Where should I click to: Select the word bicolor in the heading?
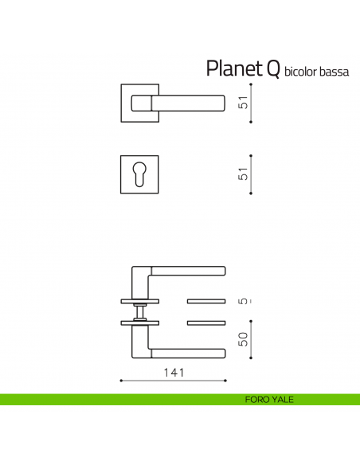pos(301,72)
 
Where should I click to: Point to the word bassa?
pos(335,72)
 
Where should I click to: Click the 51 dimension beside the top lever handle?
pos(245,103)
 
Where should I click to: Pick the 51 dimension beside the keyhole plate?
pos(245,173)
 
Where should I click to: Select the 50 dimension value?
pos(245,338)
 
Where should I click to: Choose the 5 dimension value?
pos(245,302)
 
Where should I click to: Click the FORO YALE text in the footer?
pos(270,399)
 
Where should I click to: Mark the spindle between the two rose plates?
pos(139,311)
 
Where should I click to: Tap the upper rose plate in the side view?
pos(139,302)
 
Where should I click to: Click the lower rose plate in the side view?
pos(139,322)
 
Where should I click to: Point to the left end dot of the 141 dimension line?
pos(120,381)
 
